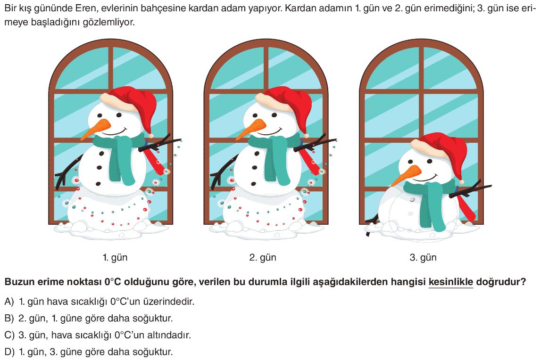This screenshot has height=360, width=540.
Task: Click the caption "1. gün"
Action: coord(115,258)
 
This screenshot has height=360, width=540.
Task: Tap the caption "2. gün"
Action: coord(263,258)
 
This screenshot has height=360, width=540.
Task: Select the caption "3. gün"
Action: coord(423,258)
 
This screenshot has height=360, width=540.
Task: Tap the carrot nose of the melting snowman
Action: coord(406,176)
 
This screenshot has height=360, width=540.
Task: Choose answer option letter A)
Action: coord(9,302)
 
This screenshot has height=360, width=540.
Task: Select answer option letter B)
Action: coord(9,319)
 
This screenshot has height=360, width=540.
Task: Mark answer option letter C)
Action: coord(9,335)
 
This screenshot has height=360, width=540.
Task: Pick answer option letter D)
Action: coord(9,352)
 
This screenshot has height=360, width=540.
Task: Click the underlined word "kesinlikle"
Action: coord(451,282)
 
